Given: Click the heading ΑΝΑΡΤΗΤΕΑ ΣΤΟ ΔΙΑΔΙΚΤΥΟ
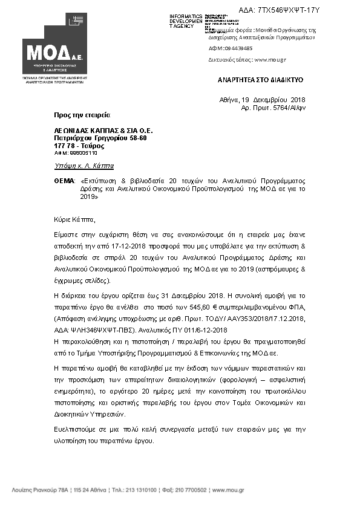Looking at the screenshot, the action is (261, 80).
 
